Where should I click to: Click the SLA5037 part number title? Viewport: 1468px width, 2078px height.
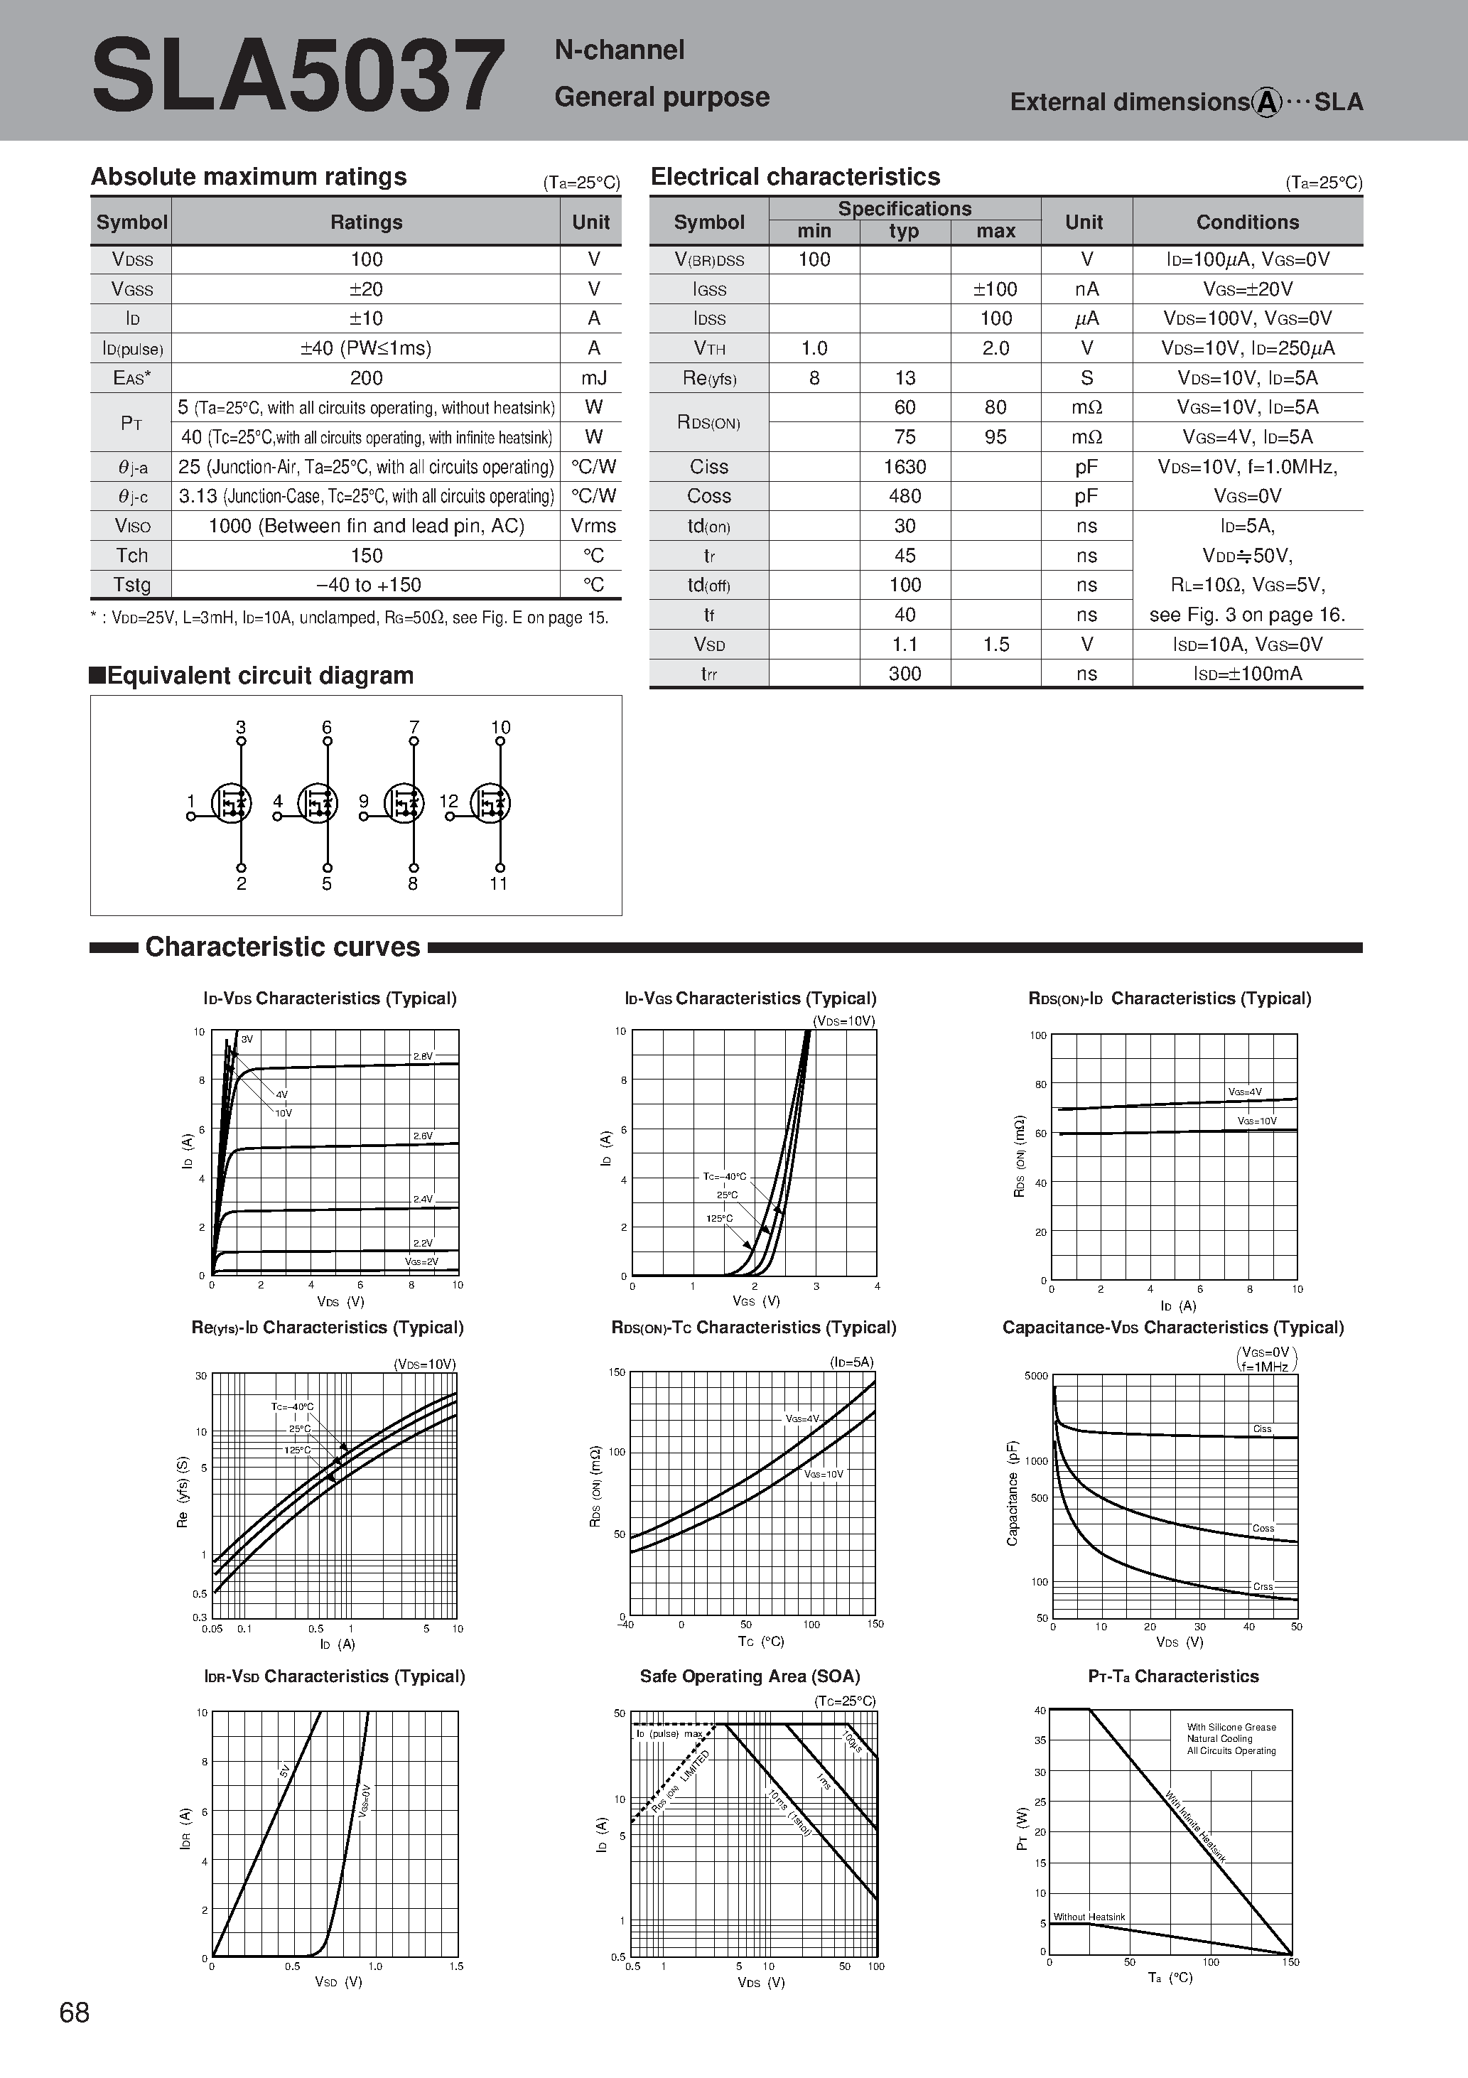[298, 76]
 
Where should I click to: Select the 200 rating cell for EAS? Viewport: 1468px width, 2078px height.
[366, 378]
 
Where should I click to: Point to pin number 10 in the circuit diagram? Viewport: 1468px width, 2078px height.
[500, 728]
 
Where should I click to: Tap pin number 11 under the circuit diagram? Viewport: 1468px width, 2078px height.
[499, 884]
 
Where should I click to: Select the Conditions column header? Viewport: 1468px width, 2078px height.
[1247, 222]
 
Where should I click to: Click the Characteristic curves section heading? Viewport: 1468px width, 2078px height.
[282, 947]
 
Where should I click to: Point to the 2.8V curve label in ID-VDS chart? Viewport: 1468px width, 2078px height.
[423, 1056]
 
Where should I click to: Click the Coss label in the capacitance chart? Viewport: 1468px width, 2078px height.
[1263, 1529]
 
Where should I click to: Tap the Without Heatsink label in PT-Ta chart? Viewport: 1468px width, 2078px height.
[1089, 1917]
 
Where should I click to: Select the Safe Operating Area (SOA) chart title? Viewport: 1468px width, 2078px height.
[750, 1676]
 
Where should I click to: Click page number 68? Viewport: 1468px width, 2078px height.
[74, 2012]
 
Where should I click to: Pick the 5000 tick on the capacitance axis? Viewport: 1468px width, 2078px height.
[1035, 1377]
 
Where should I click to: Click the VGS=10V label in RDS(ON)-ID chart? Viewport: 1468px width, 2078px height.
[1256, 1121]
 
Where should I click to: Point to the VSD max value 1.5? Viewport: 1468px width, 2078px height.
[995, 645]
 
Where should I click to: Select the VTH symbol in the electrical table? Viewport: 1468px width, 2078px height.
[708, 348]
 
